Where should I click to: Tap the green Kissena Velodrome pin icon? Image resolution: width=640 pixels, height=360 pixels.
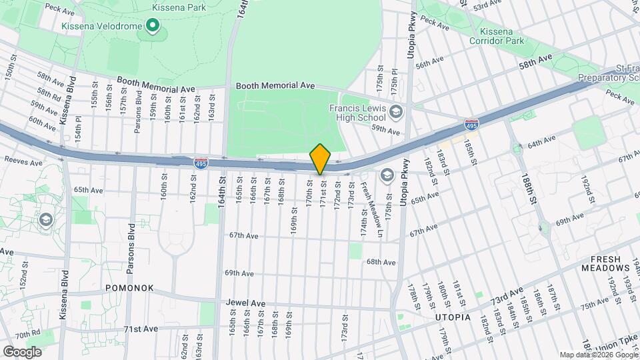click(153, 26)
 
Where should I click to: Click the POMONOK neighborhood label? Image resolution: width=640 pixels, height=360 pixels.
click(129, 288)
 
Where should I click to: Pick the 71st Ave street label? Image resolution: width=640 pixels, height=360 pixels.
click(141, 329)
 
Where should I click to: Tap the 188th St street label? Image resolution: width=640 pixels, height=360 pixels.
click(530, 191)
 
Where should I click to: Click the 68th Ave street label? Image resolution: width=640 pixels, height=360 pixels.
click(381, 261)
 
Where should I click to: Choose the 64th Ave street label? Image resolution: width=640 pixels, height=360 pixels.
click(541, 144)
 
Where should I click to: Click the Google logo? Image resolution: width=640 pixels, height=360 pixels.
click(23, 351)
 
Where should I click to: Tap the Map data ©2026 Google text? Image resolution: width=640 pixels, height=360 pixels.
click(598, 355)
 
